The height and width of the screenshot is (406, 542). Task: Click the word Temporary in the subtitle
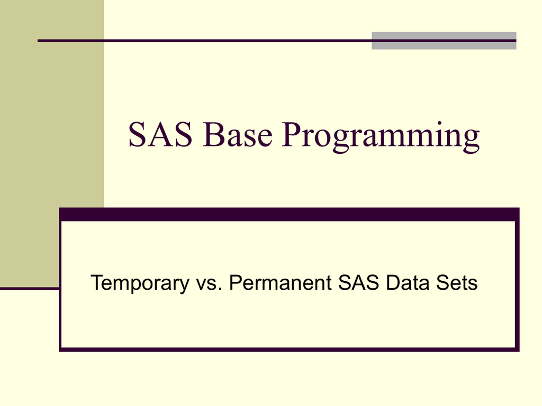tap(139, 283)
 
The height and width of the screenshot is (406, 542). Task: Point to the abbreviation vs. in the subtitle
tap(209, 283)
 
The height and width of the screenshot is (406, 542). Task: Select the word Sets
tap(457, 283)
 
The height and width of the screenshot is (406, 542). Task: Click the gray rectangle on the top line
tap(444, 41)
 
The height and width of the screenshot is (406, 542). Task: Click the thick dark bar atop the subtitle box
tap(289, 214)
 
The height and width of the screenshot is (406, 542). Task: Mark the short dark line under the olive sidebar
tap(29, 289)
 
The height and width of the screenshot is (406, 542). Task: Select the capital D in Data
tap(392, 283)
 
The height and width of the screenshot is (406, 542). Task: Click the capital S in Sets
tap(442, 283)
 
